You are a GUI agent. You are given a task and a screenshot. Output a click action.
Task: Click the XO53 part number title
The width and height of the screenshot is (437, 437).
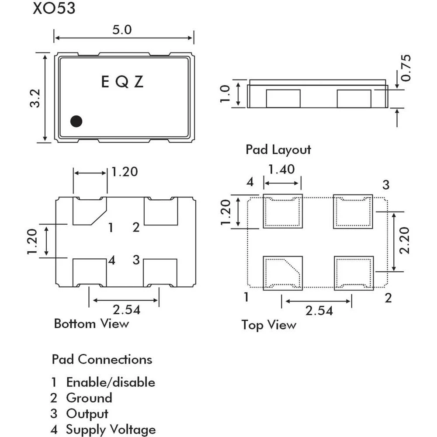coord(54,9)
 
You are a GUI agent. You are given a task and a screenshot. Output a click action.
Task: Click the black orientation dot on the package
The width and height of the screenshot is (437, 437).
coord(76,121)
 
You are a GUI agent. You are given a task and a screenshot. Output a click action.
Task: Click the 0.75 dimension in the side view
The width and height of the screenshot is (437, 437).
coord(406,68)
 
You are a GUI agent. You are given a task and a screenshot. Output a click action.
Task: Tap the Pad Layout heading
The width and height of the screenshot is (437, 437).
coord(278,149)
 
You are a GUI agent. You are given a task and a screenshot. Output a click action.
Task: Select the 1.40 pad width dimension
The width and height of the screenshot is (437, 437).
coord(281,169)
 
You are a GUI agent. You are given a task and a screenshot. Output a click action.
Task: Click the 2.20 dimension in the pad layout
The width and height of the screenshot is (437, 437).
coord(405,241)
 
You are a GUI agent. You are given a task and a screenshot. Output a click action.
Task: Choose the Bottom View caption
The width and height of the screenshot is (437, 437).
coord(91,324)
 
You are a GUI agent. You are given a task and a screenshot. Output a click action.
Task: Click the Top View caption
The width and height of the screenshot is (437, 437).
coord(269,325)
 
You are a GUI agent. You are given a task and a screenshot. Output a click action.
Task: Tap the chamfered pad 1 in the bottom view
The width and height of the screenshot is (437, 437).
coord(88,211)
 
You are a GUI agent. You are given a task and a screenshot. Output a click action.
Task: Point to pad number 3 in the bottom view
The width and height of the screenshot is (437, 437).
coord(136,260)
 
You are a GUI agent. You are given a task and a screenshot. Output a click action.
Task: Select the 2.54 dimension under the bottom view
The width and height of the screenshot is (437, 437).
coord(126,310)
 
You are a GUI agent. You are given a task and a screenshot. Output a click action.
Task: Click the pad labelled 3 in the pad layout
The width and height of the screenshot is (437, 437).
coord(353,211)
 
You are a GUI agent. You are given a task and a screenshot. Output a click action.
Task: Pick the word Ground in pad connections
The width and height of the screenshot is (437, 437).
coord(89,398)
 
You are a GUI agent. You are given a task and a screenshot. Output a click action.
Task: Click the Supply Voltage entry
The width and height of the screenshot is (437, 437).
coord(111,430)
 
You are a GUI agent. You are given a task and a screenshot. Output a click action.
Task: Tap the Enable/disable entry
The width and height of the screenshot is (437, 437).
coord(111,382)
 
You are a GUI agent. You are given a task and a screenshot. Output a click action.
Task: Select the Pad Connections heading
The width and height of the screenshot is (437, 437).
coord(102,360)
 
